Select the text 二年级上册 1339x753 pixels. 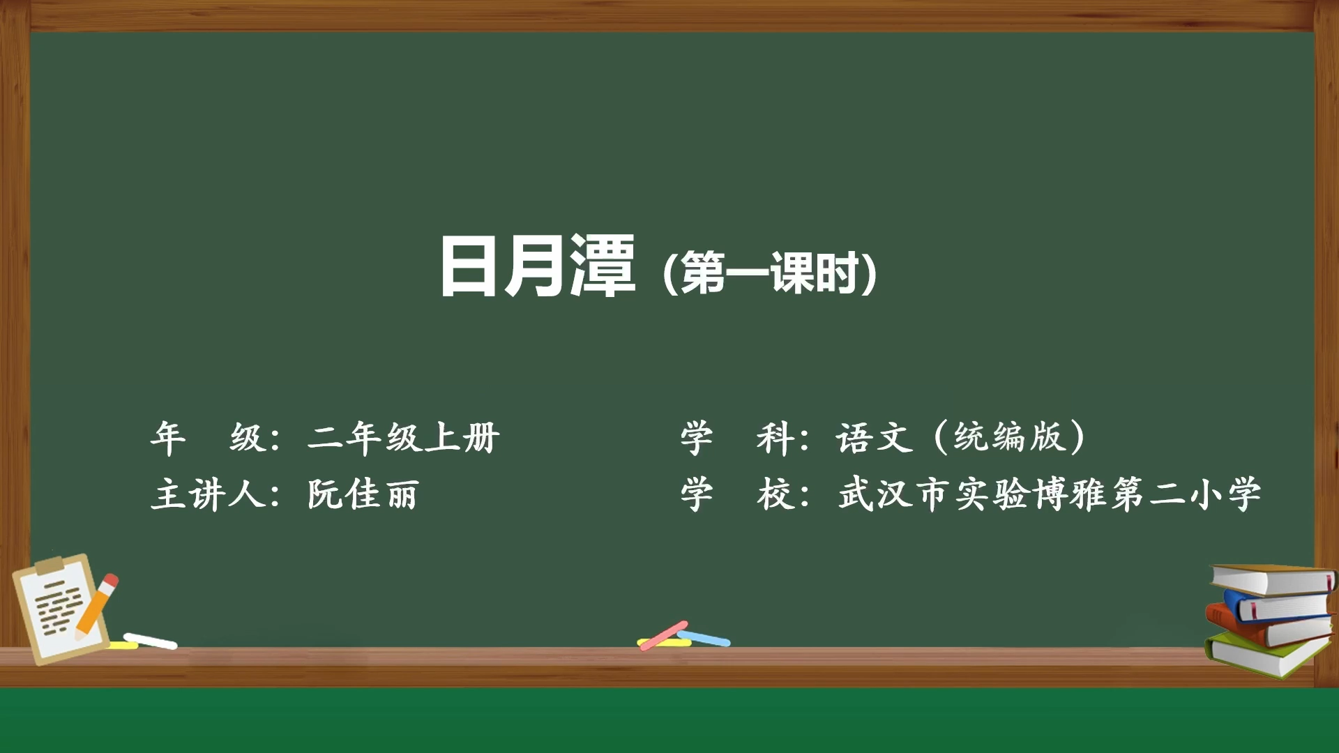click(x=404, y=438)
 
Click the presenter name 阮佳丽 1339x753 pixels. click(x=363, y=494)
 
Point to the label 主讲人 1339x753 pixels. click(x=208, y=494)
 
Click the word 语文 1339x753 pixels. click(x=875, y=438)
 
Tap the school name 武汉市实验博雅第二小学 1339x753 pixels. click(x=1050, y=494)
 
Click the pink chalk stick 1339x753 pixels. click(x=663, y=635)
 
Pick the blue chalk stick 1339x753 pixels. click(x=704, y=638)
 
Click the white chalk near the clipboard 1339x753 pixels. click(x=151, y=641)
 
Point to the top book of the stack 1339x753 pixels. click(x=1273, y=579)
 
